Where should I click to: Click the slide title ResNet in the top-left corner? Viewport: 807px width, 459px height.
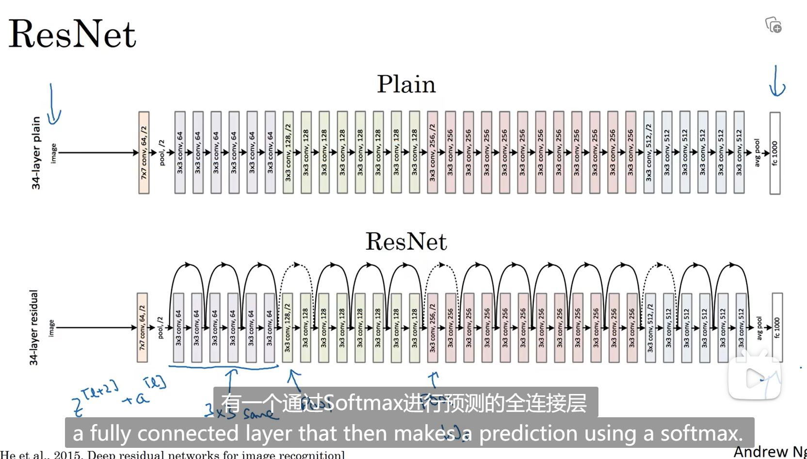(x=72, y=34)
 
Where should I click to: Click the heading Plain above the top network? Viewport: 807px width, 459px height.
(x=406, y=84)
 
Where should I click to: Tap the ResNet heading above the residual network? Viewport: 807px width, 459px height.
(x=406, y=242)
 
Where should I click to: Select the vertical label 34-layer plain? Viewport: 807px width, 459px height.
(x=36, y=153)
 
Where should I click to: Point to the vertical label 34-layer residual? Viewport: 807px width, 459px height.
(x=33, y=328)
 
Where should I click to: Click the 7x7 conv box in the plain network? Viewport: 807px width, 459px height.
(x=144, y=153)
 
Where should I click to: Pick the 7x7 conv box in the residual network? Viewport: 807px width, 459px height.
(x=142, y=328)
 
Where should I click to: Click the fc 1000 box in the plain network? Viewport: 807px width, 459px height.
(x=775, y=153)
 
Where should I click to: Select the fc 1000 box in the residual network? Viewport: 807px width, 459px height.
(x=777, y=328)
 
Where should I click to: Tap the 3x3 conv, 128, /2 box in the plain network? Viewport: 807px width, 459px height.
(x=288, y=153)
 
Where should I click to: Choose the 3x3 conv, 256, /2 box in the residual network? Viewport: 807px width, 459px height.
(x=433, y=328)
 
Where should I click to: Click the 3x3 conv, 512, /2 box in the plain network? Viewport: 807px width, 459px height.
(x=649, y=153)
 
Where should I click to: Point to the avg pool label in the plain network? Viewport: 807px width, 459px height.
(x=757, y=153)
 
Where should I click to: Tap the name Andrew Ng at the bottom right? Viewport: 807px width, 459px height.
(x=769, y=452)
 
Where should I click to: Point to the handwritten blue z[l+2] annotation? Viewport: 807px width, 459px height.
(x=95, y=398)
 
